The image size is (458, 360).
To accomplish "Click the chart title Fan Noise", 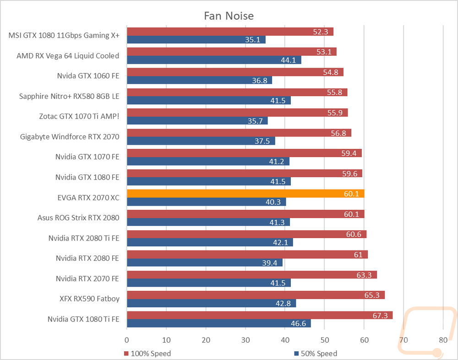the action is point(229,16).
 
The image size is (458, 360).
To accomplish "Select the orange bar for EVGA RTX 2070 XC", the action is point(245,193).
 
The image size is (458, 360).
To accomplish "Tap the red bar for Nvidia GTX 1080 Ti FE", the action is point(260,315).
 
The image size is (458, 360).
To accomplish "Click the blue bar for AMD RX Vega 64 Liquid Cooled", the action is point(214,60).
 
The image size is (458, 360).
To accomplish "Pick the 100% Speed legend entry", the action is point(147,354).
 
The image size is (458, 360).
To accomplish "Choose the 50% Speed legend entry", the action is point(316,354).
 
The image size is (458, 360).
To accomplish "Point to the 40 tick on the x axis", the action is point(285,340).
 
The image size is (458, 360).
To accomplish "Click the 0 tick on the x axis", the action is point(127,340).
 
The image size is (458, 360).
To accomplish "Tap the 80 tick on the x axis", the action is point(443,340).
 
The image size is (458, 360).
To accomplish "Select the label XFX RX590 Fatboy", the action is point(90,299).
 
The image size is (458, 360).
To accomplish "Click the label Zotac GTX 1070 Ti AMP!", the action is point(79,116).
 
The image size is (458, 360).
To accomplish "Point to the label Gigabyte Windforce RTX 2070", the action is point(70,137).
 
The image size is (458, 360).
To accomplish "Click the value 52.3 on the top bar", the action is point(321,32).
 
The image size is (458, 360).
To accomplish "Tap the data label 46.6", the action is point(298,323).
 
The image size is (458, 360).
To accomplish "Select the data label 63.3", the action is point(364,275).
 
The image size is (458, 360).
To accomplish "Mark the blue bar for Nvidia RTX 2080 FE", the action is point(205,262).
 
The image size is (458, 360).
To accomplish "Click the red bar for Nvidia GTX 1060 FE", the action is point(235,72).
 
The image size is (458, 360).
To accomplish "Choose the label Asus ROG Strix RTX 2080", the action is point(78,218).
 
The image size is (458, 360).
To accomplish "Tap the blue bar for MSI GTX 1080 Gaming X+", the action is point(196,39).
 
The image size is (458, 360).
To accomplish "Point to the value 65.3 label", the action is point(372,295).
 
